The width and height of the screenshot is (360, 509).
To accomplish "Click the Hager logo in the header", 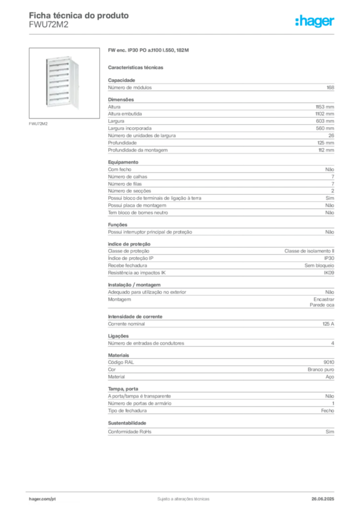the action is [x=315, y=21].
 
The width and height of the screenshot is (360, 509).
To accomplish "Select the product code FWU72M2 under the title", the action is [x=49, y=25].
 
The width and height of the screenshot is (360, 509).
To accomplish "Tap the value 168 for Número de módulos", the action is [x=330, y=87].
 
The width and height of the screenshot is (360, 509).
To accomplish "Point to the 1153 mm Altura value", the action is [x=325, y=107].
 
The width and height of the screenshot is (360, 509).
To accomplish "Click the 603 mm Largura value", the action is [x=325, y=121].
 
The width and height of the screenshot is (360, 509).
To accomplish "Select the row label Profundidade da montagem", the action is [x=138, y=150].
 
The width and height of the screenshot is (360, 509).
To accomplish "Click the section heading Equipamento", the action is [x=123, y=162].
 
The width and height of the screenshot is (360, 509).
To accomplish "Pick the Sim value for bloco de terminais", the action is [x=330, y=198].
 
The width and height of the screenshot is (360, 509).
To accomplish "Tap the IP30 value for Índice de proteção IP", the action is [x=329, y=258].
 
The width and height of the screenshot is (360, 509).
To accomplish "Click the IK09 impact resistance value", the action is [x=329, y=273].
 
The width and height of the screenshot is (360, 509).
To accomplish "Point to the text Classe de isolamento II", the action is [x=309, y=251].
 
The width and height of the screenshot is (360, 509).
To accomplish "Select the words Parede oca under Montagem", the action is [x=322, y=305].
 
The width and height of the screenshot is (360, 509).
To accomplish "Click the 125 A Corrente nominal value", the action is [x=328, y=324].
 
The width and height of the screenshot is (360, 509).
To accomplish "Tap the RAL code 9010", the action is [x=329, y=362].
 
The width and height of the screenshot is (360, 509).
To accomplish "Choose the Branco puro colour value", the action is [x=321, y=369].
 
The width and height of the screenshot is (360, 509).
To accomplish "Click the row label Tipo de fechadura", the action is [x=127, y=411].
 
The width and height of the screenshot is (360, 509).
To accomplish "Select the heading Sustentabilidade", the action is [x=127, y=423].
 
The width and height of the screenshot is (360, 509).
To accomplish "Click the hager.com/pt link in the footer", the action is [x=42, y=499].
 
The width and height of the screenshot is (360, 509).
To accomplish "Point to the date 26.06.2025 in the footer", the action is [x=323, y=499].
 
